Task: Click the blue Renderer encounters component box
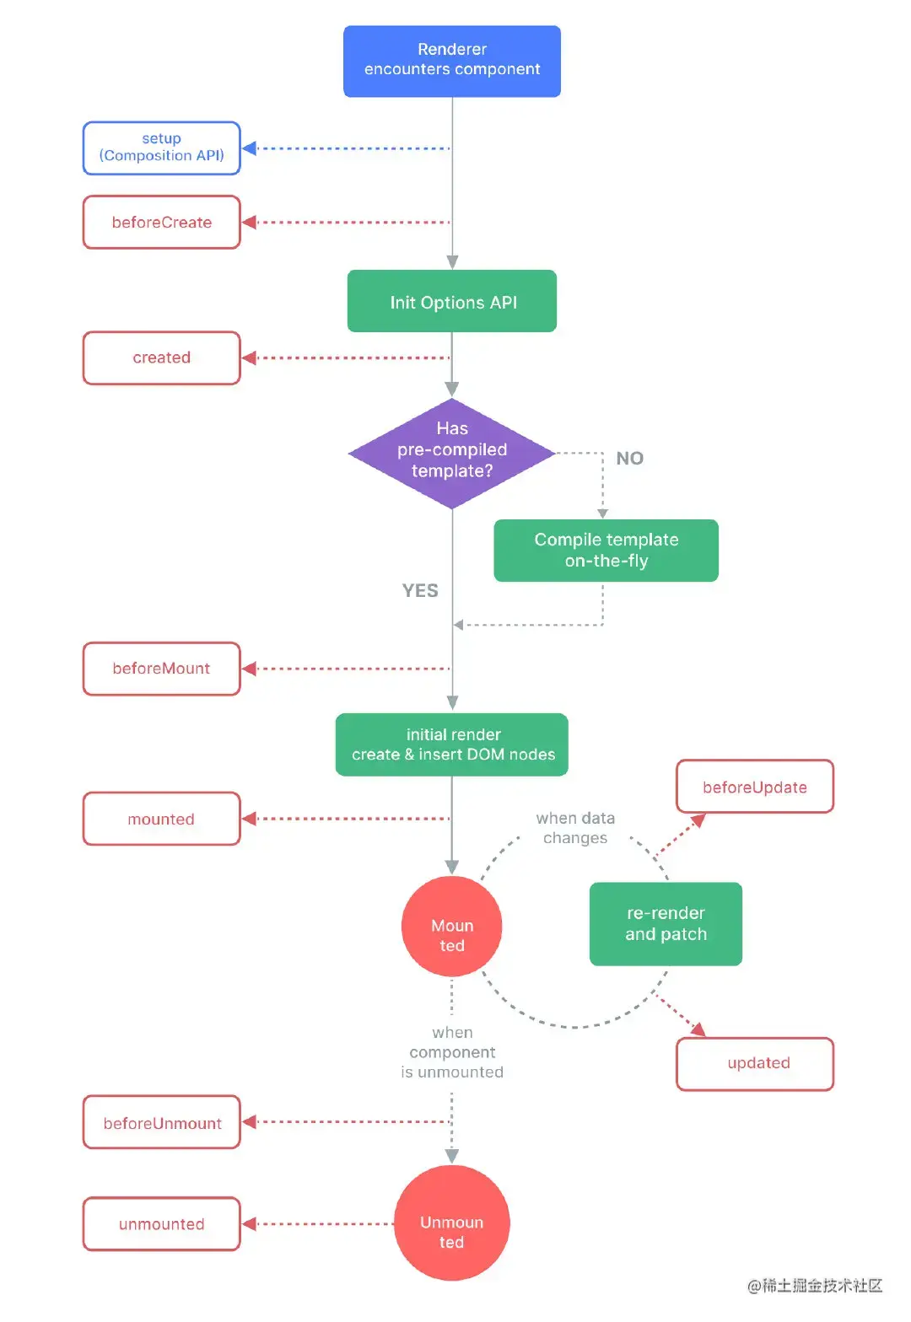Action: pyautogui.click(x=451, y=61)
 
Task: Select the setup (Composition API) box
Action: pyautogui.click(x=161, y=148)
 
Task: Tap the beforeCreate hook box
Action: pyautogui.click(x=161, y=222)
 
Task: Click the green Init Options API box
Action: pyautogui.click(x=451, y=301)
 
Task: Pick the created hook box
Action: pyautogui.click(x=161, y=357)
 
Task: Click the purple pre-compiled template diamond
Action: pyautogui.click(x=451, y=453)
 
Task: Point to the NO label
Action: pyautogui.click(x=629, y=458)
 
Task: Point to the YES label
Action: pyautogui.click(x=420, y=590)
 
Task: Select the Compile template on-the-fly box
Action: pyautogui.click(x=606, y=550)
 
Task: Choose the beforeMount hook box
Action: pyautogui.click(x=161, y=668)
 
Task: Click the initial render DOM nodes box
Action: pyautogui.click(x=451, y=744)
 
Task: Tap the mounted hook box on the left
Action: pyautogui.click(x=161, y=819)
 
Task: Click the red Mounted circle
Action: pyautogui.click(x=451, y=926)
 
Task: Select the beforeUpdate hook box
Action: pyautogui.click(x=754, y=787)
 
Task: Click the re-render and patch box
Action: pyautogui.click(x=666, y=923)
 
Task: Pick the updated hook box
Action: pyautogui.click(x=754, y=1063)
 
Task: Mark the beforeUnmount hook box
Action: pyautogui.click(x=161, y=1122)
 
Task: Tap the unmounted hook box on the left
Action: pyautogui.click(x=161, y=1223)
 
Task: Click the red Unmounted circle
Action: pyautogui.click(x=451, y=1223)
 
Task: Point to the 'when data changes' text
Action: pyautogui.click(x=575, y=828)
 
